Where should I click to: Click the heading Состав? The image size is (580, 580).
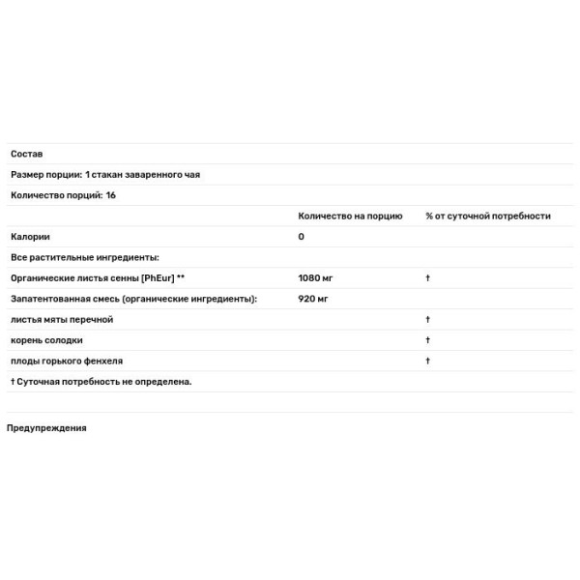point(26,154)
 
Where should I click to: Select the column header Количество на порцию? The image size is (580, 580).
point(350,216)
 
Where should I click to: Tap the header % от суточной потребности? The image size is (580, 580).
point(487,216)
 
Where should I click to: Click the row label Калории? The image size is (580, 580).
point(30,237)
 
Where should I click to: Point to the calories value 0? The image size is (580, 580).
point(302,237)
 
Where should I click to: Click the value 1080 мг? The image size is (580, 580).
point(316,278)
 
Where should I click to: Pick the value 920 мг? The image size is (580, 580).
point(313,299)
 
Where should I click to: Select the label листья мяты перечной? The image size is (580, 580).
point(62,320)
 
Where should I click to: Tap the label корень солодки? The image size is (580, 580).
point(46,340)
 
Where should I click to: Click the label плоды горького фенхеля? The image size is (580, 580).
point(67,361)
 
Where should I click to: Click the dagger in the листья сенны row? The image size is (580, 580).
point(427,278)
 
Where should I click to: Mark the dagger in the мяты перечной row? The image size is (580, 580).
point(427,320)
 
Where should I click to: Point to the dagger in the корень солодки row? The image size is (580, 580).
point(427,340)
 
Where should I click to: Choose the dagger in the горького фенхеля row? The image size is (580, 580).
point(427,361)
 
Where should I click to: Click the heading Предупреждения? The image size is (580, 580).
point(46,428)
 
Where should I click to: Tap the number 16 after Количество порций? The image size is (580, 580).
point(111,195)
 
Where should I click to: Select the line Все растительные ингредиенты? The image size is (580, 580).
point(85,257)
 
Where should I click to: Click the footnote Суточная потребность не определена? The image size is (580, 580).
point(104,381)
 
